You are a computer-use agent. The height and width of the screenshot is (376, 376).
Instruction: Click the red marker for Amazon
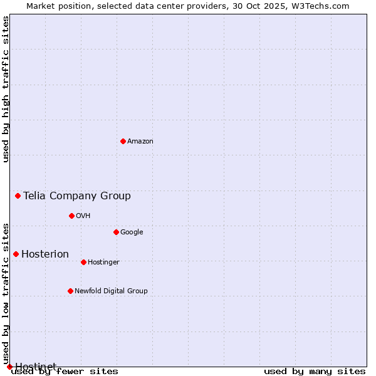coord(123,141)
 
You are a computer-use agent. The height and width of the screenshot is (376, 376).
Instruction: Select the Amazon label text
coord(140,142)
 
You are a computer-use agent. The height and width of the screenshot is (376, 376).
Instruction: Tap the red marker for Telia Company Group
coord(18,196)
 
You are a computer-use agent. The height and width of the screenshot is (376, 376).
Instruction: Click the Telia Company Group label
coord(77,196)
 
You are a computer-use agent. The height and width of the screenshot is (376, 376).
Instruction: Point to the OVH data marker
coord(71,216)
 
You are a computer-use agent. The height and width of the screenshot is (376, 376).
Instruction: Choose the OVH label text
coord(83,216)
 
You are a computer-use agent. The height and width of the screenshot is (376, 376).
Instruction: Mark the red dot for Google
coord(116,232)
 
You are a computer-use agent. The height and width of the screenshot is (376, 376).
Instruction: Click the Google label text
coord(132,232)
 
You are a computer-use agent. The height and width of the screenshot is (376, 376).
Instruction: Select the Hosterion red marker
coord(16,254)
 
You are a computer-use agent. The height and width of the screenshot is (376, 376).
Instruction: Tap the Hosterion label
coord(45,254)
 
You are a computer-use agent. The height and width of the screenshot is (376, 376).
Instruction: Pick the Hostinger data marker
coord(83,262)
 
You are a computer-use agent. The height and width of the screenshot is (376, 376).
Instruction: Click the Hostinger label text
coord(103,263)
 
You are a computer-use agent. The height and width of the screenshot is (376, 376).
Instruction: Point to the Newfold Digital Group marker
coord(70,291)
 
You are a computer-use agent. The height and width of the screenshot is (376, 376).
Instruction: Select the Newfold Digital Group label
coord(111,291)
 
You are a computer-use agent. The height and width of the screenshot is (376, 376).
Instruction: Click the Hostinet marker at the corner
coord(9,367)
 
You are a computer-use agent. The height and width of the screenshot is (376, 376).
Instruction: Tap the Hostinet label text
coord(36,366)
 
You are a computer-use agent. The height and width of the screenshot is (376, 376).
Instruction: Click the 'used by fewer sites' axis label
coord(65,372)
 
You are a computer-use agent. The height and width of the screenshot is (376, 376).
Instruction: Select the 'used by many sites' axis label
coord(315,372)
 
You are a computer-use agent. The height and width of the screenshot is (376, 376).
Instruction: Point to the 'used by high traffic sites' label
coord(6,89)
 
